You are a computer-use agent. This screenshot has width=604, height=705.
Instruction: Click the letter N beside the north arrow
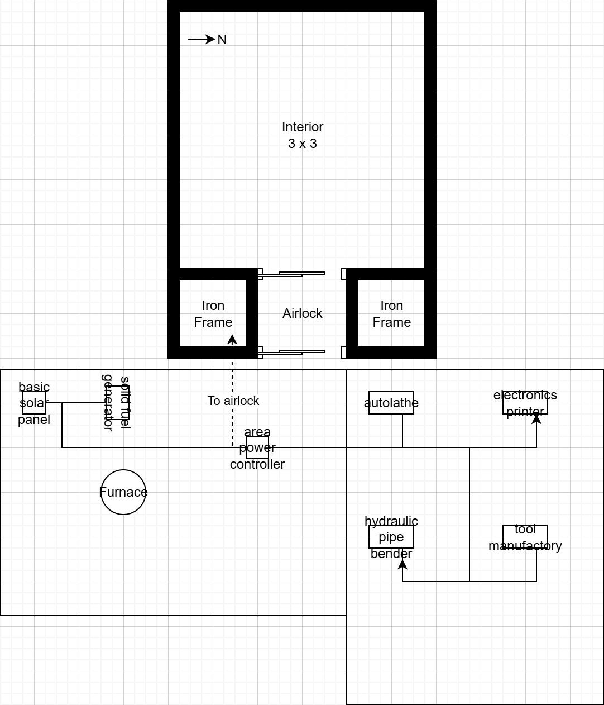click(x=222, y=40)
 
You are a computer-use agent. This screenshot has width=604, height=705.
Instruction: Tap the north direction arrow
click(x=202, y=40)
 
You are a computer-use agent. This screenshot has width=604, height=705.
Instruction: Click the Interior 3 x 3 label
click(x=303, y=135)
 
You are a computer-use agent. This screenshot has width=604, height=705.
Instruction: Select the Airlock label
click(x=303, y=313)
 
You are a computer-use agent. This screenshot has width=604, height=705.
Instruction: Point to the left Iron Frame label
click(x=213, y=314)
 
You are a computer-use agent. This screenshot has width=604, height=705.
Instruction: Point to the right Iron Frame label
click(x=392, y=314)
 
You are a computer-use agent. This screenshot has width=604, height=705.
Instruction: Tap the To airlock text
click(x=233, y=401)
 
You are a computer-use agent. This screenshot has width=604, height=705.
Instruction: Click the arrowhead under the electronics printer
click(x=536, y=419)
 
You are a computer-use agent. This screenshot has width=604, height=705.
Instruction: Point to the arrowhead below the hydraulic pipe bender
click(x=402, y=564)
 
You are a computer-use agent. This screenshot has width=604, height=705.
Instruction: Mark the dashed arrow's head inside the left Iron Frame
click(x=232, y=340)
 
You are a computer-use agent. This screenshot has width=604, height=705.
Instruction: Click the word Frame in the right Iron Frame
click(x=392, y=322)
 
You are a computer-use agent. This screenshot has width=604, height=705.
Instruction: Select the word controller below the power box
click(x=257, y=464)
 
